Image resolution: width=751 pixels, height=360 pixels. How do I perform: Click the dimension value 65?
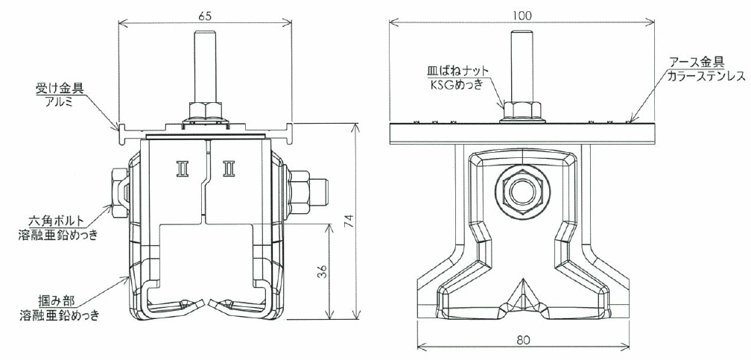(204, 16)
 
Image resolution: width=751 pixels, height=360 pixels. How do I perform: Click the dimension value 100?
(522, 16)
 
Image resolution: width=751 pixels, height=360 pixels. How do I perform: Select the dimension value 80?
(524, 340)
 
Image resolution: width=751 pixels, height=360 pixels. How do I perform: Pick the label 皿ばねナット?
(458, 71)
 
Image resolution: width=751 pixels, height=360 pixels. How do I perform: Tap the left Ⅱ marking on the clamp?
(183, 168)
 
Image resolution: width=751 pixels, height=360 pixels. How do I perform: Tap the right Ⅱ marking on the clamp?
(229, 168)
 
